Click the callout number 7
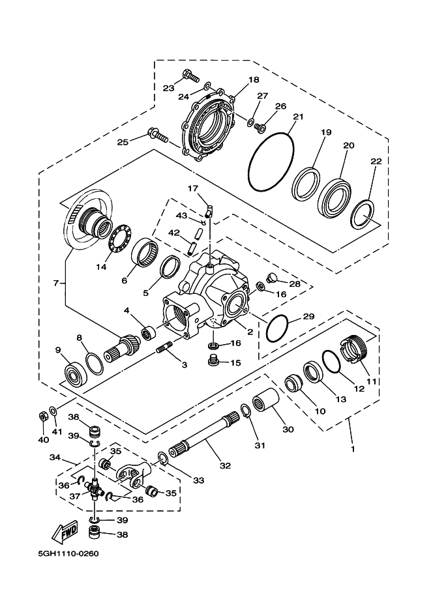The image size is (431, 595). tap(56, 282)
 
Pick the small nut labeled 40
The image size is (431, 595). tap(42, 415)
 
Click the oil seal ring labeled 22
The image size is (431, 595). tap(363, 214)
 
